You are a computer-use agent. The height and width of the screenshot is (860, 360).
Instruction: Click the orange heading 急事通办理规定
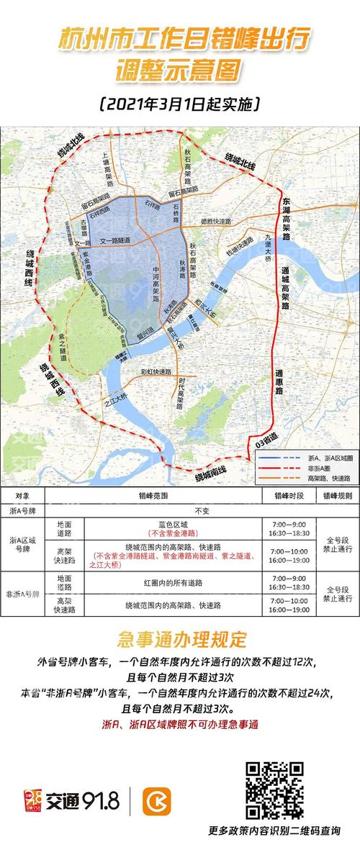coord(181,639)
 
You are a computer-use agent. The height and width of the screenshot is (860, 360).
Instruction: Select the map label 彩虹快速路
coord(155,372)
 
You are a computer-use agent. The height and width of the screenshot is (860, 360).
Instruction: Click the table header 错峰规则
coord(336,496)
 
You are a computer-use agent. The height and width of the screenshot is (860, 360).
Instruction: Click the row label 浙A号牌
coord(22,510)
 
